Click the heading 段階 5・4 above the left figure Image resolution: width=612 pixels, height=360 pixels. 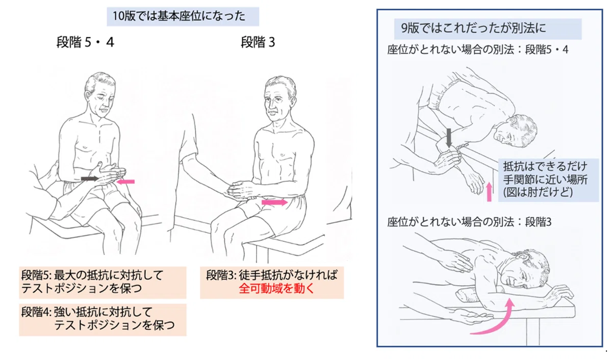[x=85, y=42]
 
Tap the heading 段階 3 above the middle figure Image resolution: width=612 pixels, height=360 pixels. [x=258, y=42]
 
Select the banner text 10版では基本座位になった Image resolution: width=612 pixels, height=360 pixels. [x=179, y=16]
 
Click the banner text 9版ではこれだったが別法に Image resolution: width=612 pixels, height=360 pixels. [x=473, y=28]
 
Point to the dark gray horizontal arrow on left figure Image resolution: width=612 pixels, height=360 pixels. [x=90, y=178]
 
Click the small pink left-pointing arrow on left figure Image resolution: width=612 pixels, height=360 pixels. [x=125, y=182]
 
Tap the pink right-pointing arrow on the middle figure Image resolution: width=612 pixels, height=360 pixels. [x=274, y=202]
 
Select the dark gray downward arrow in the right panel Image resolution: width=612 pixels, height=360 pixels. [x=449, y=138]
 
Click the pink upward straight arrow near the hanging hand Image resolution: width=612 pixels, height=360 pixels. [x=489, y=192]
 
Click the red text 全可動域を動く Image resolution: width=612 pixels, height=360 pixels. [x=277, y=289]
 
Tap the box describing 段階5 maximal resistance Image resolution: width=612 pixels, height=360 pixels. [x=103, y=282]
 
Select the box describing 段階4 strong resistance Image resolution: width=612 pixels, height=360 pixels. [x=103, y=320]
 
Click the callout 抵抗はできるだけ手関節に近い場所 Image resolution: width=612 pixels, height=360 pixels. [x=549, y=179]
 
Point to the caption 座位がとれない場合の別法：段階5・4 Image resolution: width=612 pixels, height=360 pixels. [x=477, y=50]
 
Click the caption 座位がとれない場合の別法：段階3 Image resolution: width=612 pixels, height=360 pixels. [x=469, y=222]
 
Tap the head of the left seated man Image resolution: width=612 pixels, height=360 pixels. [x=100, y=94]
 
